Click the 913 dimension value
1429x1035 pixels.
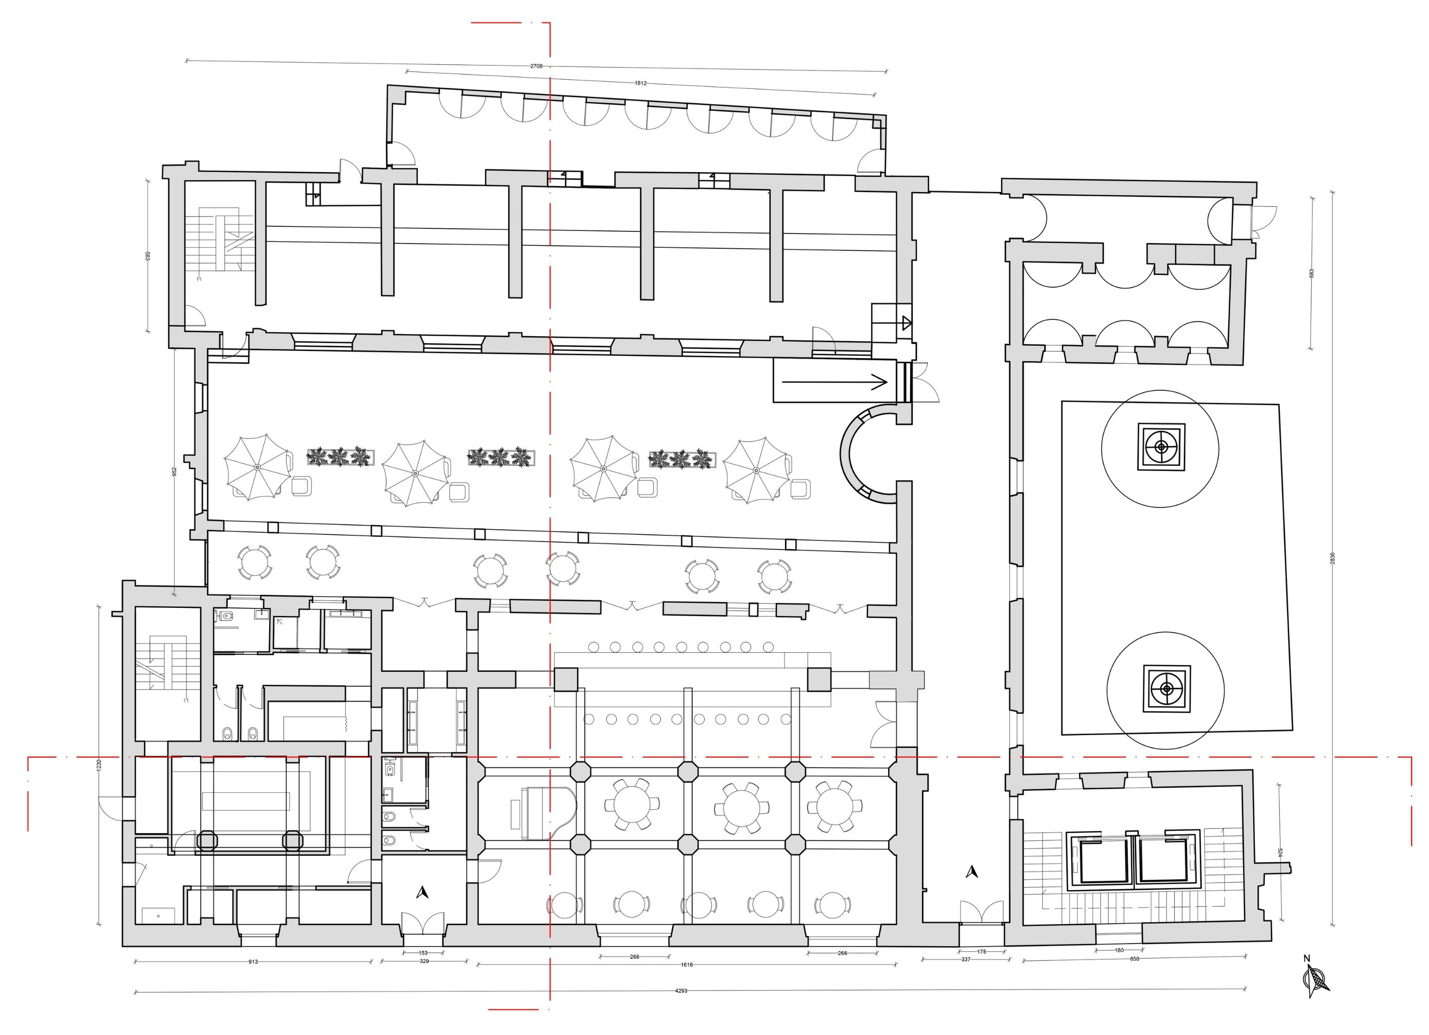[x=253, y=962]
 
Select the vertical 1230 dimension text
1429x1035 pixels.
[x=99, y=765]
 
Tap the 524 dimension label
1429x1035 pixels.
[x=1278, y=852]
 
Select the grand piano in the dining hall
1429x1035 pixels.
[x=544, y=812]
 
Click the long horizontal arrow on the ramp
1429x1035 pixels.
[x=834, y=381]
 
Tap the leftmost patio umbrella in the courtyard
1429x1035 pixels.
[x=257, y=467]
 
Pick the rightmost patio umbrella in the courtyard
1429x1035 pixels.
[x=755, y=469]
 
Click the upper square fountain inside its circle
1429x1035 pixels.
[x=1160, y=447]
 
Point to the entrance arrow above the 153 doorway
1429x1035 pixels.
[x=423, y=892]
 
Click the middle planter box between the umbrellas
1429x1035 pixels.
[x=501, y=457]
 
